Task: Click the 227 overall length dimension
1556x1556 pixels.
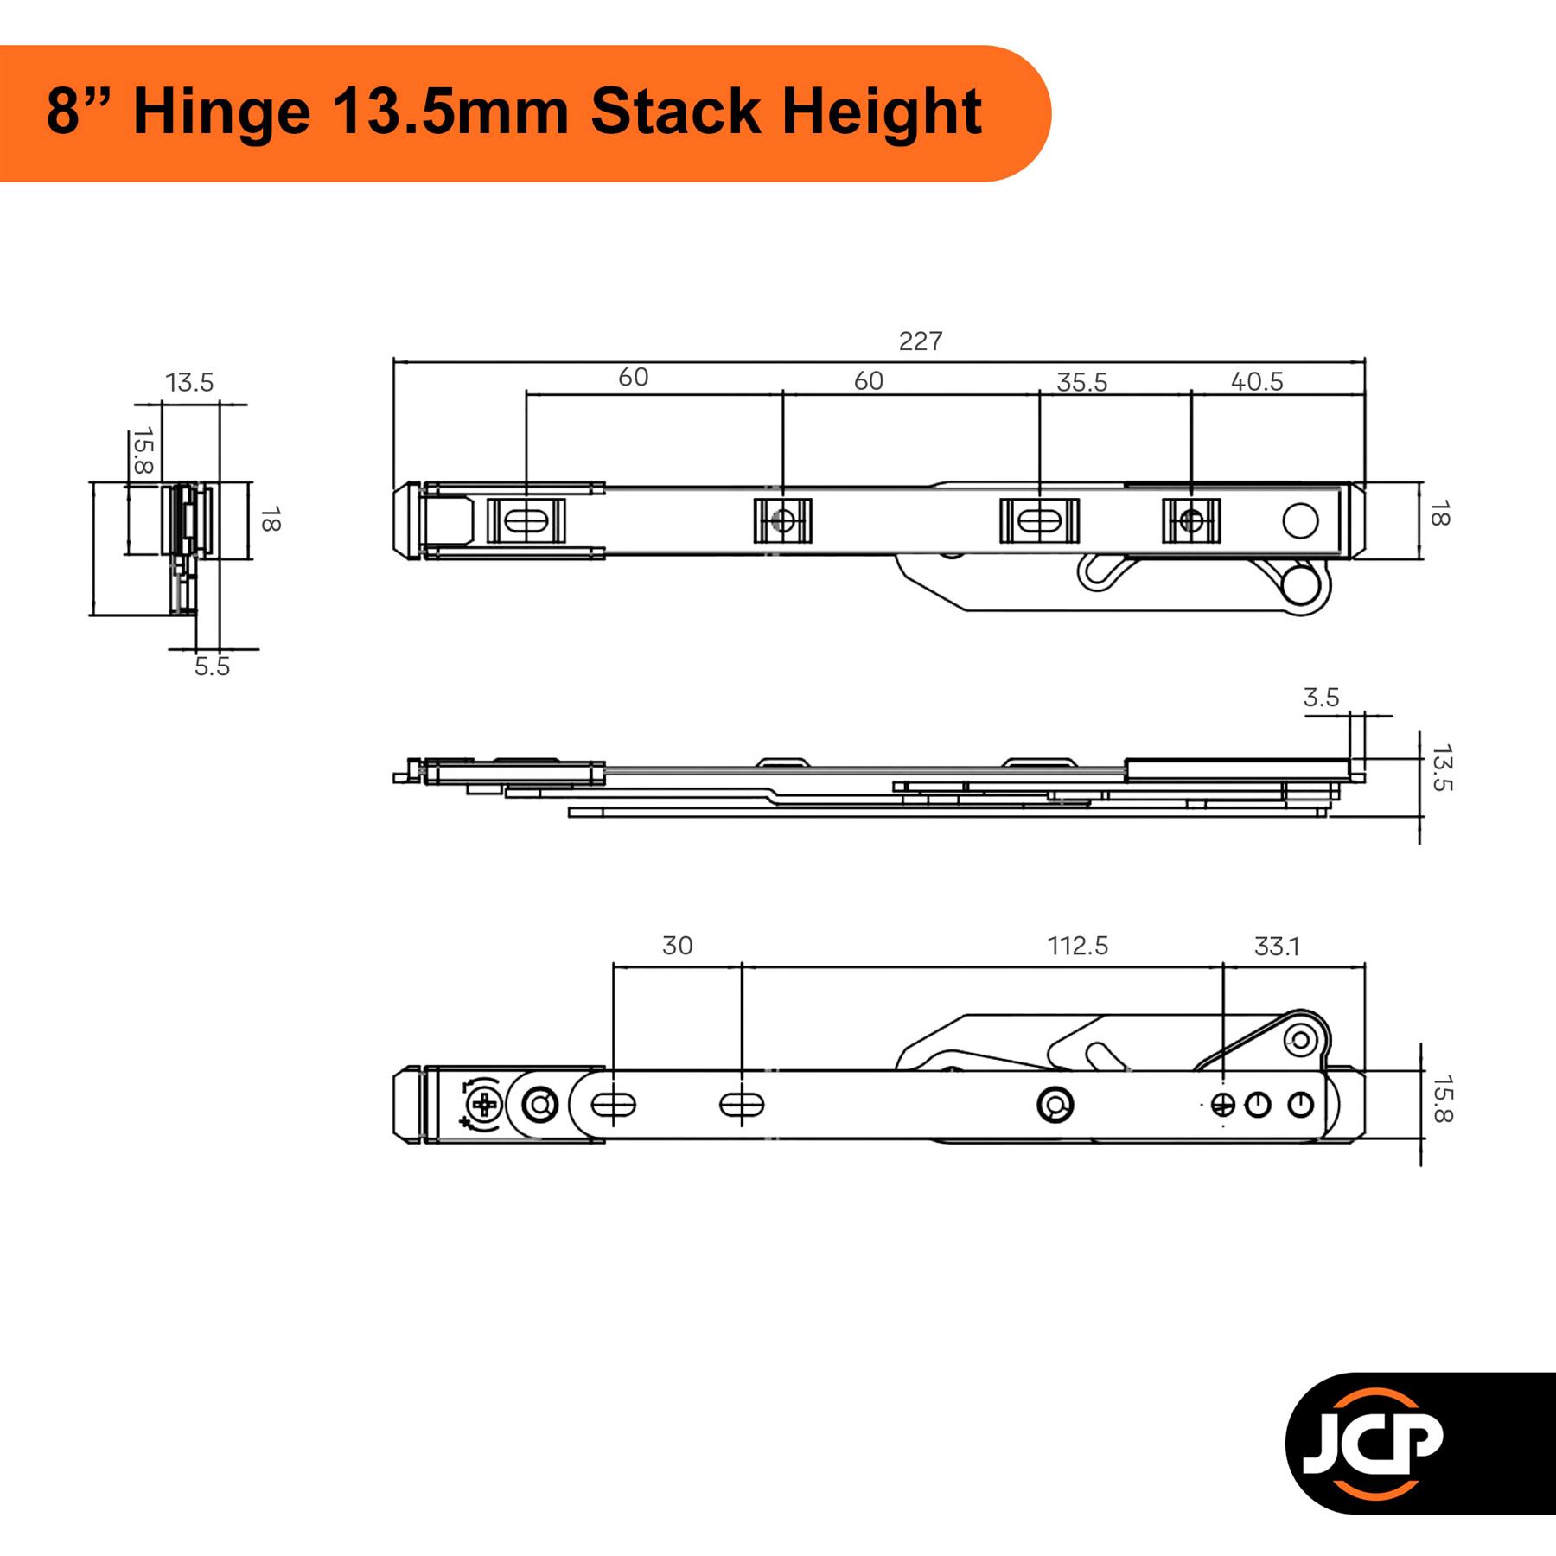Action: pos(920,341)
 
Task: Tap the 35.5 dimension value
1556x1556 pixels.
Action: pos(1081,382)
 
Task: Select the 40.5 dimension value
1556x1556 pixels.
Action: pos(1257,381)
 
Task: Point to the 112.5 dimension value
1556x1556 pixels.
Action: pos(1078,946)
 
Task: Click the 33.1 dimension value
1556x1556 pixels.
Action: pos(1277,947)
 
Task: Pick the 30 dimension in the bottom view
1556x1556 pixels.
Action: pos(678,946)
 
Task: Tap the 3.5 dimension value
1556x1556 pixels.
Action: pos(1321,698)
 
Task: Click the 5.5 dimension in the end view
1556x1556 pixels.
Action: pos(212,666)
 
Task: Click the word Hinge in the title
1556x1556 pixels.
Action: pos(221,112)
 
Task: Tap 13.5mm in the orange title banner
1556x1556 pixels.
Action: pos(450,112)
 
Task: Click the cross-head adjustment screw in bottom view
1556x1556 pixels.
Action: pos(484,1105)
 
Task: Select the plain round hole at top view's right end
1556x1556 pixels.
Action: pos(1301,521)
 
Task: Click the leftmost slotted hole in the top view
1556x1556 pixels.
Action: pos(526,521)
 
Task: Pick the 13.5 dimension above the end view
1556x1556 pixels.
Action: pos(189,382)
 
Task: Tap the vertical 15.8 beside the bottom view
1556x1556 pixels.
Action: pos(1442,1099)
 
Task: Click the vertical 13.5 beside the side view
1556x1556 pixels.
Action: pos(1442,768)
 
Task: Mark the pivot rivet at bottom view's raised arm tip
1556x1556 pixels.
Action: pos(1299,1039)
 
